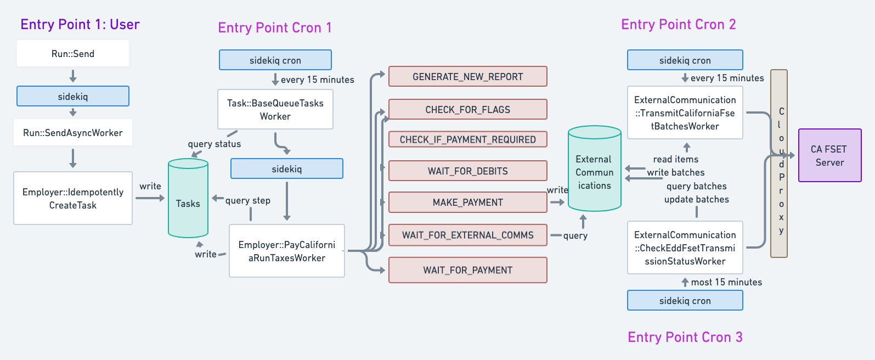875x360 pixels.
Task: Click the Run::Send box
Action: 73,54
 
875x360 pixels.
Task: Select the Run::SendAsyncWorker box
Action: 73,133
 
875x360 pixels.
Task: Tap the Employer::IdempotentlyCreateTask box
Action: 73,199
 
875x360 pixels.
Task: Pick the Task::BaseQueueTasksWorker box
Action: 275,110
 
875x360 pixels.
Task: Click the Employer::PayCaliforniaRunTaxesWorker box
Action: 287,251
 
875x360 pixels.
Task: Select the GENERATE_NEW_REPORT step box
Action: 467,77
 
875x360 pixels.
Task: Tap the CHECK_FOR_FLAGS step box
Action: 467,110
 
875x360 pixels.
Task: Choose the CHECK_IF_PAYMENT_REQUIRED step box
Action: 467,139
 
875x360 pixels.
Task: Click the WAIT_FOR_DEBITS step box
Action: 467,171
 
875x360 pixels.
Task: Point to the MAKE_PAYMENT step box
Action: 467,203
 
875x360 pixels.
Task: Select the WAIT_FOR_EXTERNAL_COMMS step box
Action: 467,235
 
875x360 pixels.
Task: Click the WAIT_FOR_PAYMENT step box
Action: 467,270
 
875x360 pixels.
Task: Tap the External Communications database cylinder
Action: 594,170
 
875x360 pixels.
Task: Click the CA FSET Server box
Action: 829,156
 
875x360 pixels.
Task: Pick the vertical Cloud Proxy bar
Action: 779,164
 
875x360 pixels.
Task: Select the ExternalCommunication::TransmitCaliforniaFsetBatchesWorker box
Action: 685,113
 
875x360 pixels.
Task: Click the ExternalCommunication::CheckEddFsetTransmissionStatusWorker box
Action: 685,248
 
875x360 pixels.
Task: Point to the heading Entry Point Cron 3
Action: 685,337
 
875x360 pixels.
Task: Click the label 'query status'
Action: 214,144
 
